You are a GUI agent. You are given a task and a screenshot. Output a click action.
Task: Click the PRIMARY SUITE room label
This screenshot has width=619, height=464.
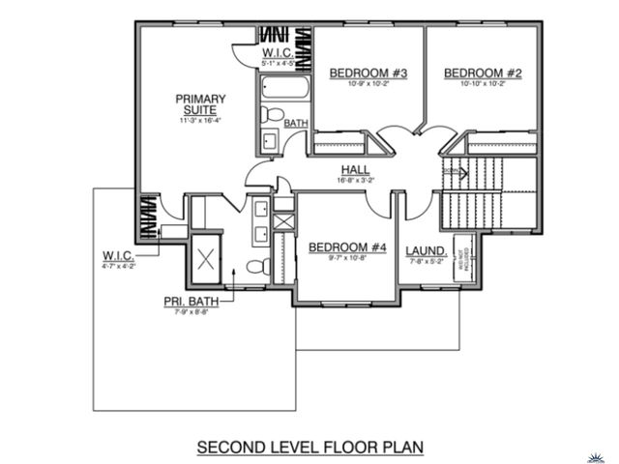[201, 104]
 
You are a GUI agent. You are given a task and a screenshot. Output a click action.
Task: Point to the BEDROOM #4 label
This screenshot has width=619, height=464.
[347, 248]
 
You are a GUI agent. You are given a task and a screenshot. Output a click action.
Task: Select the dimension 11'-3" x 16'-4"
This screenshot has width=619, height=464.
[201, 121]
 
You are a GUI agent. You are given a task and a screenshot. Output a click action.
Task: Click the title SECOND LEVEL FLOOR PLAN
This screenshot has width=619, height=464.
[309, 449]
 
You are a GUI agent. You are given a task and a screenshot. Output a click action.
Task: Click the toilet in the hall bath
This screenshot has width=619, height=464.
[275, 115]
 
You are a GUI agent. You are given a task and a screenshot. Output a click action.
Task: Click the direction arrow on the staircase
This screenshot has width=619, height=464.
[456, 174]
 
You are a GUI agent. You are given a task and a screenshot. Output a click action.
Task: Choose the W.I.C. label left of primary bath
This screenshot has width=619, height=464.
[119, 255]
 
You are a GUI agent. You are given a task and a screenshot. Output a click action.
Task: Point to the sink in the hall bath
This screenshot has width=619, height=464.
[270, 141]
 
